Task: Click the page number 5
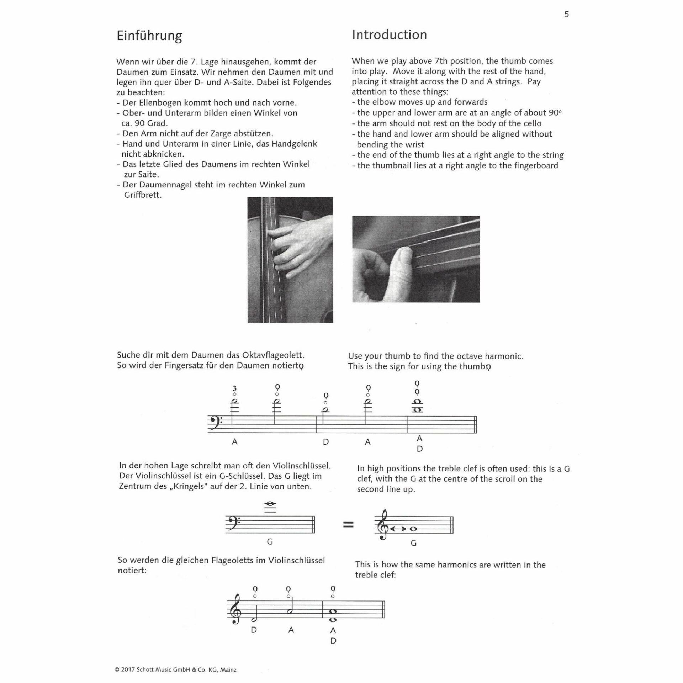566,14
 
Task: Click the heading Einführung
149,36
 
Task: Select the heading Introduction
389,35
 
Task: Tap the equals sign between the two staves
348,524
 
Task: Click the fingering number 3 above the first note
234,388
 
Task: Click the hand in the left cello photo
295,249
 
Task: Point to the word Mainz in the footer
228,669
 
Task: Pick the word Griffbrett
143,195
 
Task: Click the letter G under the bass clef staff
270,542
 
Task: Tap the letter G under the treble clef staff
413,543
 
